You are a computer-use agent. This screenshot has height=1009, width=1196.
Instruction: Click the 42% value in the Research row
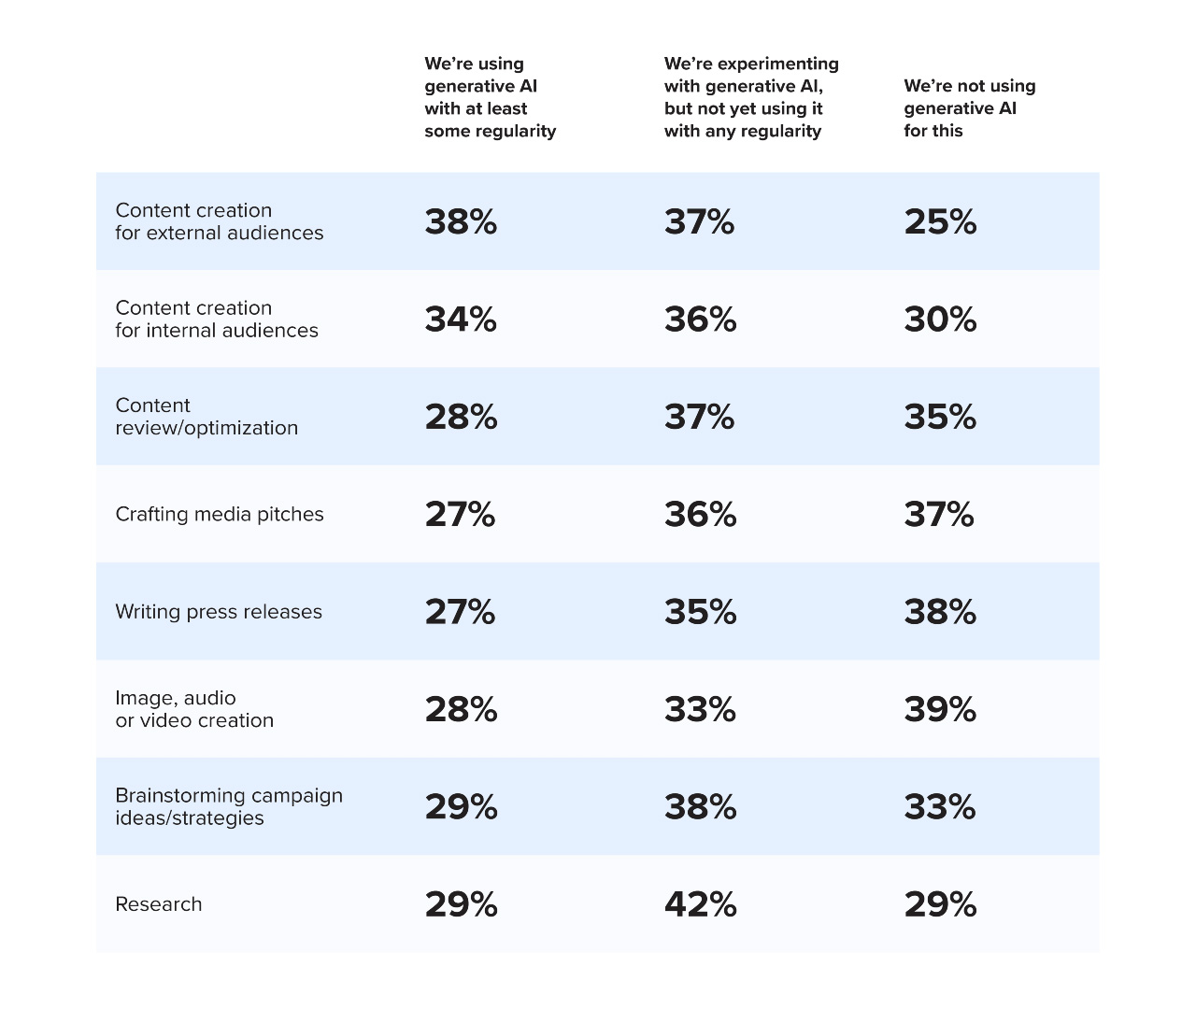coord(700,904)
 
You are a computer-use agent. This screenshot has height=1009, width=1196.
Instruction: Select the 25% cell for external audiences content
coord(940,222)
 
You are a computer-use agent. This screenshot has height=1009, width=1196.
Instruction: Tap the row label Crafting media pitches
coord(219,515)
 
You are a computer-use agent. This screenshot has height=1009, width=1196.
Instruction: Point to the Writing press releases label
coord(218,612)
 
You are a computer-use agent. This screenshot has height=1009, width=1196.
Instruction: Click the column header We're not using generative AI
coord(969,108)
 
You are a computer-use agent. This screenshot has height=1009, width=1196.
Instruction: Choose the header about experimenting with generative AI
coord(750,97)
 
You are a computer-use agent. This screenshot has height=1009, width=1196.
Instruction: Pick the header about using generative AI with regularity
coord(490,97)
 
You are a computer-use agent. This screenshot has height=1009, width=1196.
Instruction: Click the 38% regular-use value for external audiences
coord(461,222)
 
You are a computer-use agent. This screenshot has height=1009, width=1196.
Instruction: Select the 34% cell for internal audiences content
coord(461,320)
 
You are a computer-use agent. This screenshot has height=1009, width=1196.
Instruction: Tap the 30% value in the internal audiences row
coord(940,320)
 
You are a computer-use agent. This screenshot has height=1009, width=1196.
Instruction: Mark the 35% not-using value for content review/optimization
coord(940,417)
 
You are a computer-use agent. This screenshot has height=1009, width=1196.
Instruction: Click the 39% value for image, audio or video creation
coord(940,710)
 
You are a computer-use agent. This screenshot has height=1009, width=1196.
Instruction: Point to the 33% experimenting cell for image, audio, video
coord(700,710)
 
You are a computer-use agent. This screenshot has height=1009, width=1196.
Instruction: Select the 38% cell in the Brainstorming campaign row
coord(700,807)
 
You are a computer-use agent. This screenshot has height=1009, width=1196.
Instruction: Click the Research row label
coord(158,904)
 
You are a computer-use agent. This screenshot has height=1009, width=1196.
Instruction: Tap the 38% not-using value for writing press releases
coord(940,612)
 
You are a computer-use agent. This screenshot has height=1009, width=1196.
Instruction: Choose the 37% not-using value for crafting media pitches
coord(939,515)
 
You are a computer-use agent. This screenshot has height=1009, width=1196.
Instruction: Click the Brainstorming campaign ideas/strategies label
coord(228,807)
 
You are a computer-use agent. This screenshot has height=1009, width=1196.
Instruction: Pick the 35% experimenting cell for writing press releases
coord(700,612)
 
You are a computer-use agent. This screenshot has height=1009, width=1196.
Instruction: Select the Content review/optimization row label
coord(206,417)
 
